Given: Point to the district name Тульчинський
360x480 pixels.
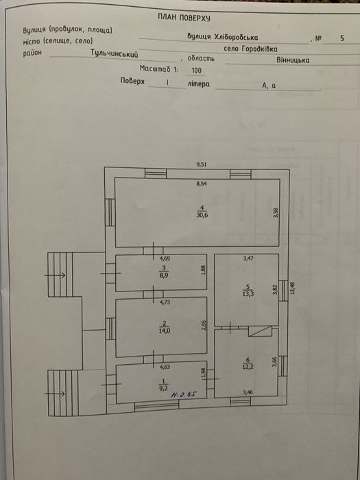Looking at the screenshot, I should tap(115, 53).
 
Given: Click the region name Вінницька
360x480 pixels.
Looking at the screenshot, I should tap(293, 60).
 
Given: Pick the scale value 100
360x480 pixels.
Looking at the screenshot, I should tap(197, 70).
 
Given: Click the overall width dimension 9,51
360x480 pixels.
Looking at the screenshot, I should tap(201, 165).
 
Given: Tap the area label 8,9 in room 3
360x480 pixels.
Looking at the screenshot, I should tap(164, 274).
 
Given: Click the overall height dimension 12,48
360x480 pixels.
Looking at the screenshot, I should tap(291, 289).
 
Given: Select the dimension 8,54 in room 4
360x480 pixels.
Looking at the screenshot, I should tap(202, 184).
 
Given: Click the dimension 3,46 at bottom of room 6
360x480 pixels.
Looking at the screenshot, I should tap(248, 393).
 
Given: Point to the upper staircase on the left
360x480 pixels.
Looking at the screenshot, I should tap(59, 275).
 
